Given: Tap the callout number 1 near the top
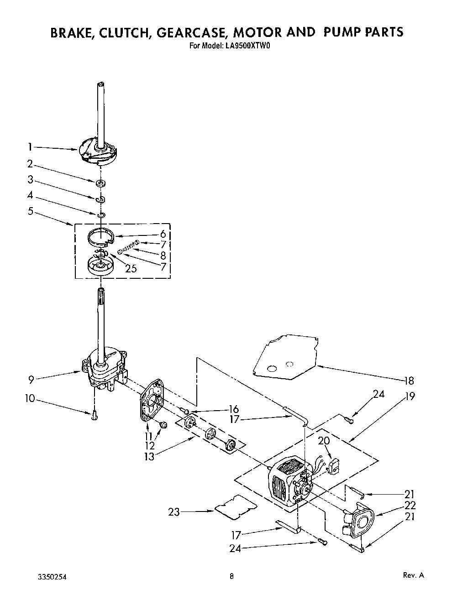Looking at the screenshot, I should (x=30, y=147).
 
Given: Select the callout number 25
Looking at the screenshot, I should (x=131, y=268).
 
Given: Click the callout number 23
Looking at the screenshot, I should (x=174, y=512).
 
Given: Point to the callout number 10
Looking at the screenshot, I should (x=30, y=398).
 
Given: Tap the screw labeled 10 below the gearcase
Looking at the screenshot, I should (x=95, y=416).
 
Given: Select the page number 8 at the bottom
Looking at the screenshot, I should (x=232, y=576).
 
